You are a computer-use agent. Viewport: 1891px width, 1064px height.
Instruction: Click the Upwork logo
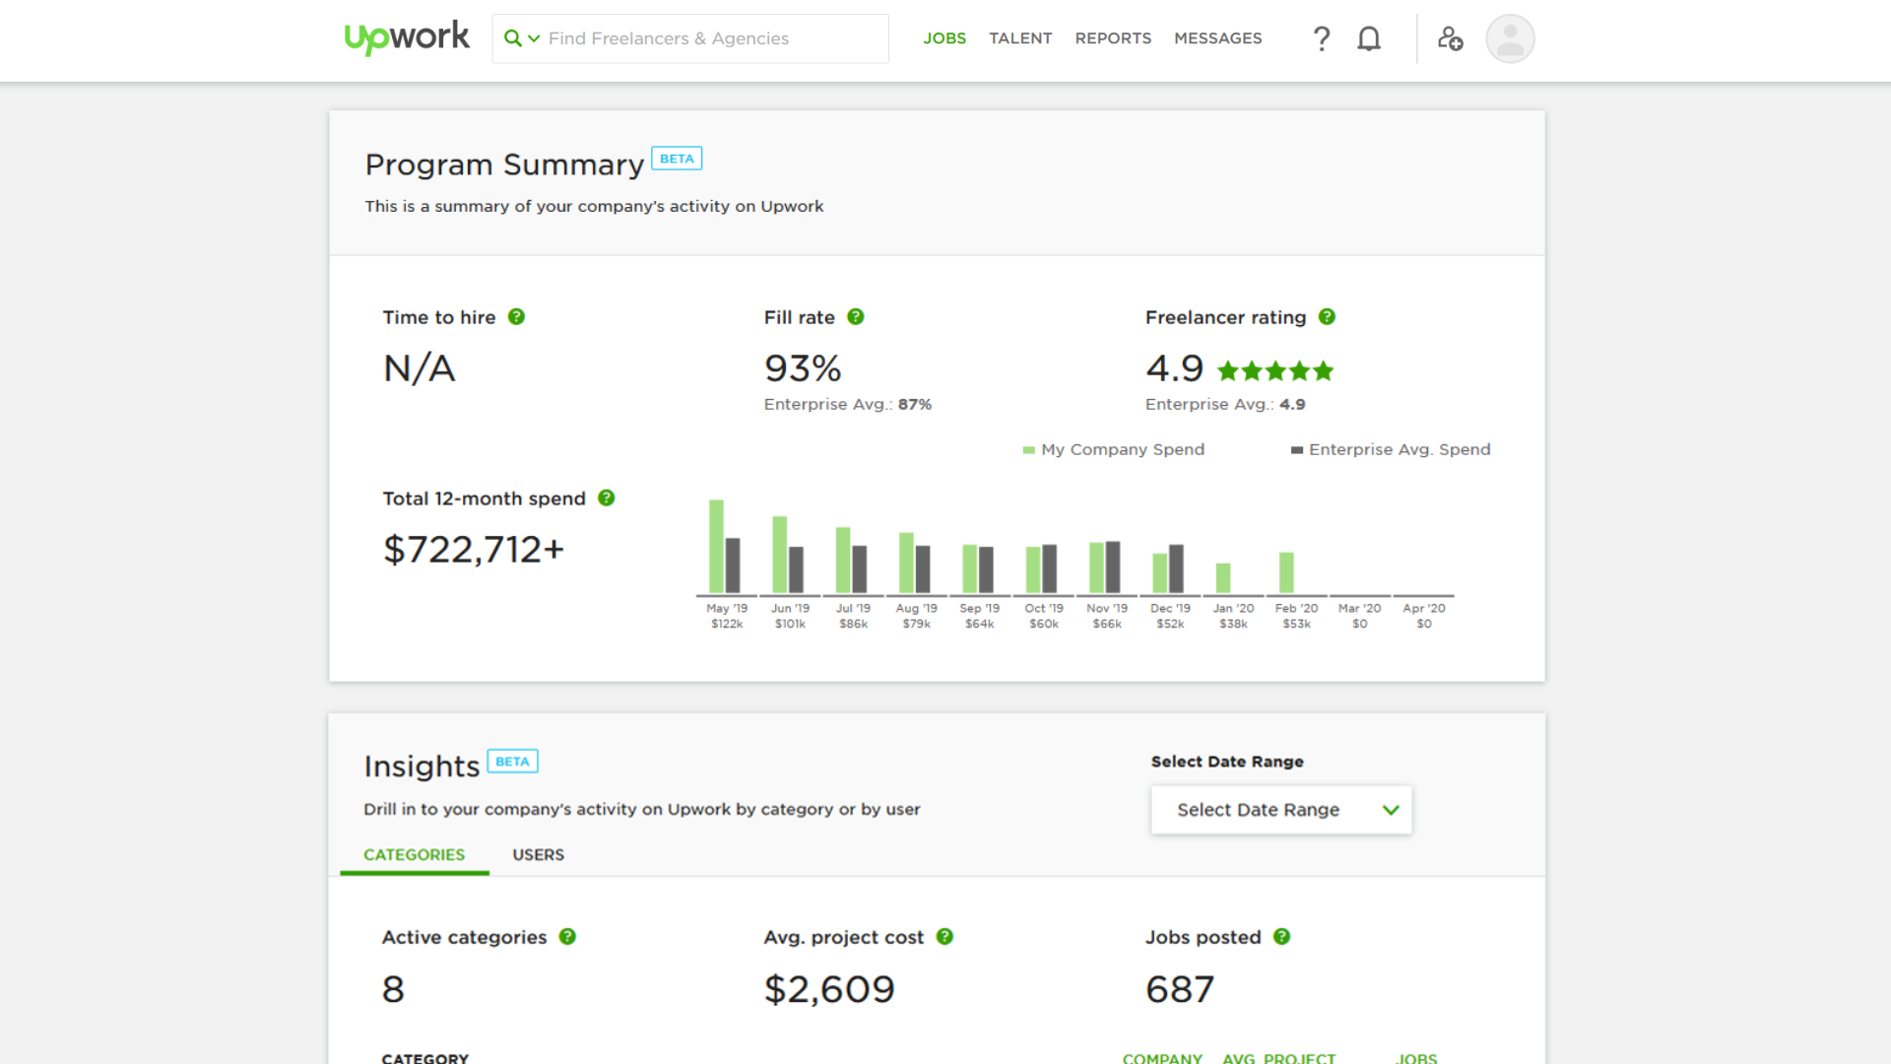tap(406, 37)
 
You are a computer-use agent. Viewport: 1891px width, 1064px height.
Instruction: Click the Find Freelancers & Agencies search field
tap(689, 38)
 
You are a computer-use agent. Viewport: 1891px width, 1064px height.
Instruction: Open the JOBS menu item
tap(944, 38)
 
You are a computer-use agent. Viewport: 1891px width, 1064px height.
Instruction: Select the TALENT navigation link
tap(1019, 38)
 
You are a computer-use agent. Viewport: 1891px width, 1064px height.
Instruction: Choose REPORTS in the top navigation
tap(1112, 38)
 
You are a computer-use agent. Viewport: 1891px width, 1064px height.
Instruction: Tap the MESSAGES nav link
tap(1217, 38)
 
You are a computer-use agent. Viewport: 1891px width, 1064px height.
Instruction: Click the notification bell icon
tap(1368, 38)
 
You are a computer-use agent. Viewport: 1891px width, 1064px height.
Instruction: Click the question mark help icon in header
tap(1321, 38)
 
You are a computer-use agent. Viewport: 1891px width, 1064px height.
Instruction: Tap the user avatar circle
tap(1509, 38)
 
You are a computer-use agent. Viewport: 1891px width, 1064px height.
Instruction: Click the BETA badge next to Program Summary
tap(676, 159)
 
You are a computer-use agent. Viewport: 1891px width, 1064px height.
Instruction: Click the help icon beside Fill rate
tap(855, 317)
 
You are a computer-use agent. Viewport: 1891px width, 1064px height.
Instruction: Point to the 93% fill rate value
tap(802, 368)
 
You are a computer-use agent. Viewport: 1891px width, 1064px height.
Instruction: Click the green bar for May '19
tap(716, 546)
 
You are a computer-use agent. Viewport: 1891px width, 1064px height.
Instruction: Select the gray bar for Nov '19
tap(1113, 566)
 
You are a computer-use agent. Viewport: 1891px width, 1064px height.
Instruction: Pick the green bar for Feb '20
tap(1285, 572)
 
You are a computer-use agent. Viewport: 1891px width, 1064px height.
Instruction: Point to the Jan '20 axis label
tap(1232, 609)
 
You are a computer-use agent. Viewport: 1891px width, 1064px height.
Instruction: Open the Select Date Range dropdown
tap(1280, 810)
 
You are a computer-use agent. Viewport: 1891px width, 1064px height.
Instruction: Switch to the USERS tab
tap(538, 854)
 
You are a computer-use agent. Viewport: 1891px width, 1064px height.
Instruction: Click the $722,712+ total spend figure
tap(473, 550)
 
